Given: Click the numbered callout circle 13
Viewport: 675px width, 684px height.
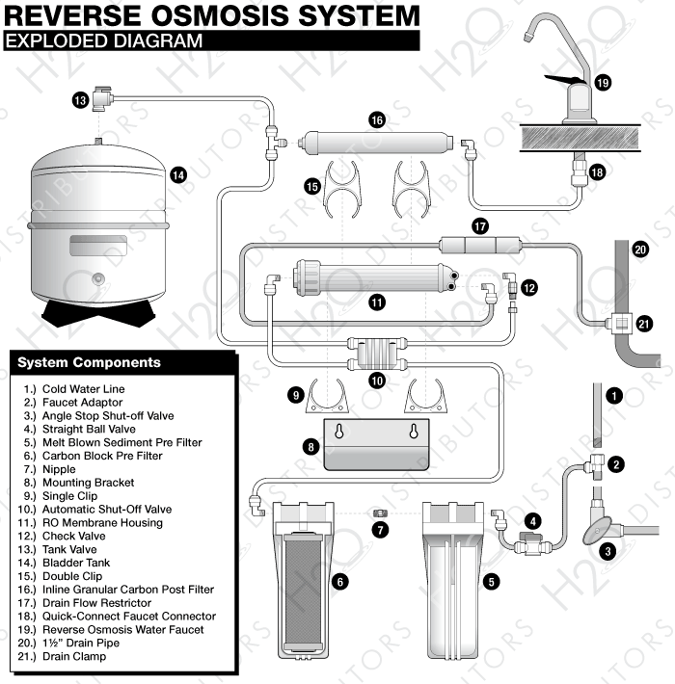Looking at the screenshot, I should (x=80, y=99).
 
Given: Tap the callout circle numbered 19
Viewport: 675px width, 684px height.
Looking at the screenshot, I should (x=603, y=83).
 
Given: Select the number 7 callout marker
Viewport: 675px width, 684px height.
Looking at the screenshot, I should (x=381, y=530).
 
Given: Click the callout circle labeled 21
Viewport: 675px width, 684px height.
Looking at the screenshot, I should (x=644, y=324).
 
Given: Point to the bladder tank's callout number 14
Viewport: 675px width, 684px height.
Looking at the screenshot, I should (x=178, y=174).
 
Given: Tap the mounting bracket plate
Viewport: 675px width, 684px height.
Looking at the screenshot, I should (x=376, y=443).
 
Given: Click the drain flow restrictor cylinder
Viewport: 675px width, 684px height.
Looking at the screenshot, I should (x=479, y=246).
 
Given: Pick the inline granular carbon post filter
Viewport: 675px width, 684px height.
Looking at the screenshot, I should (x=376, y=143).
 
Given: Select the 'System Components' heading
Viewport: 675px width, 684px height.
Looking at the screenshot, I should (x=90, y=362).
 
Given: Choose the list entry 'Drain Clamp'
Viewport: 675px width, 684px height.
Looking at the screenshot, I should (x=73, y=656).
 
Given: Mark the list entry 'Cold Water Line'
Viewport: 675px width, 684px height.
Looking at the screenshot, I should (x=83, y=389).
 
